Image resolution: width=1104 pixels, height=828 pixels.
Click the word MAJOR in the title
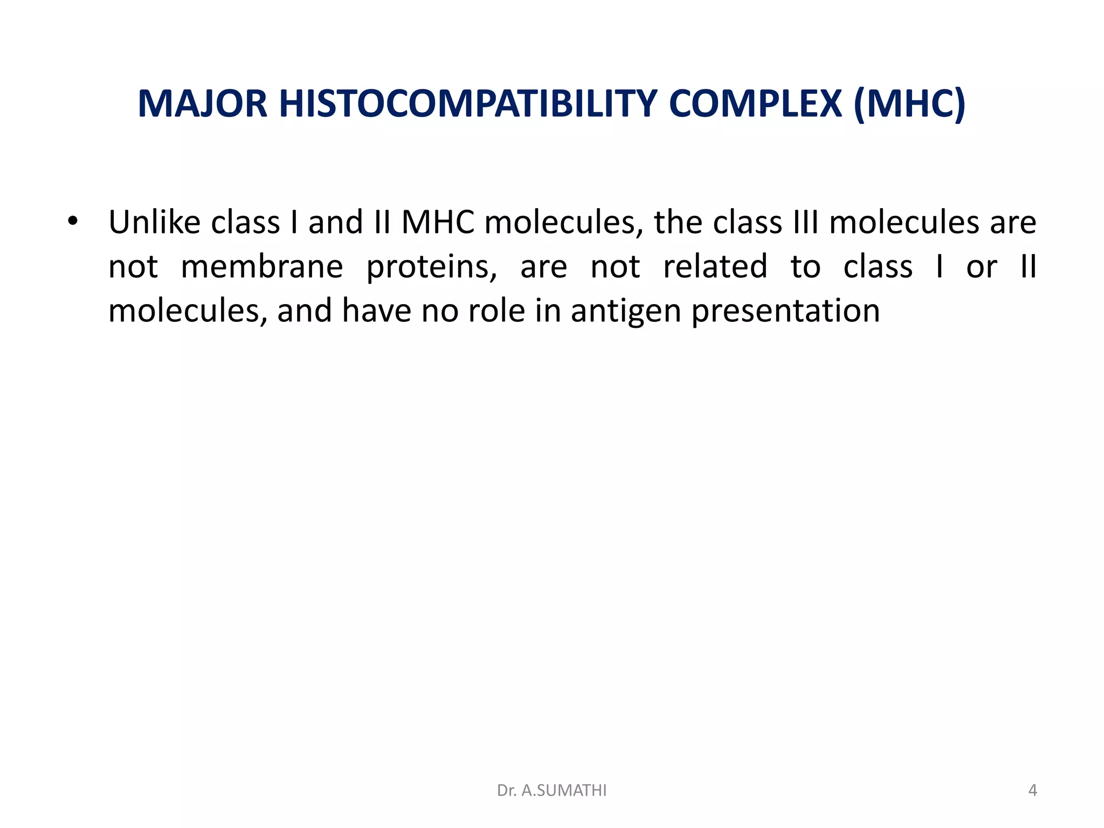pyautogui.click(x=203, y=103)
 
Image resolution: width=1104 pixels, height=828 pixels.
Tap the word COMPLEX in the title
pyautogui.click(x=755, y=103)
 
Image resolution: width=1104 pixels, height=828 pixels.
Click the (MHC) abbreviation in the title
pyautogui.click(x=909, y=103)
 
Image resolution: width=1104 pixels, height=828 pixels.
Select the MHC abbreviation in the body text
pyautogui.click(x=438, y=222)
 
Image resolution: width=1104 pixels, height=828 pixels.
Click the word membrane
pyautogui.click(x=261, y=266)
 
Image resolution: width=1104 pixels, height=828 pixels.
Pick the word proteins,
pyautogui.click(x=432, y=267)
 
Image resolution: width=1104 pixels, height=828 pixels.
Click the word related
pyautogui.click(x=715, y=266)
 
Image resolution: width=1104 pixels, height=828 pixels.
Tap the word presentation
pyautogui.click(x=785, y=312)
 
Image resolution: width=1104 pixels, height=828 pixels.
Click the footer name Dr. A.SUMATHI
pyautogui.click(x=551, y=790)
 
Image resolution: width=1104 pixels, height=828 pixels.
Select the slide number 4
pyautogui.click(x=1032, y=790)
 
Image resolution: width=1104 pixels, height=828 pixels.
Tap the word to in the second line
pyautogui.click(x=805, y=266)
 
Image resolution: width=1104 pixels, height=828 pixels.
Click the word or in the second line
pyautogui.click(x=981, y=267)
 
